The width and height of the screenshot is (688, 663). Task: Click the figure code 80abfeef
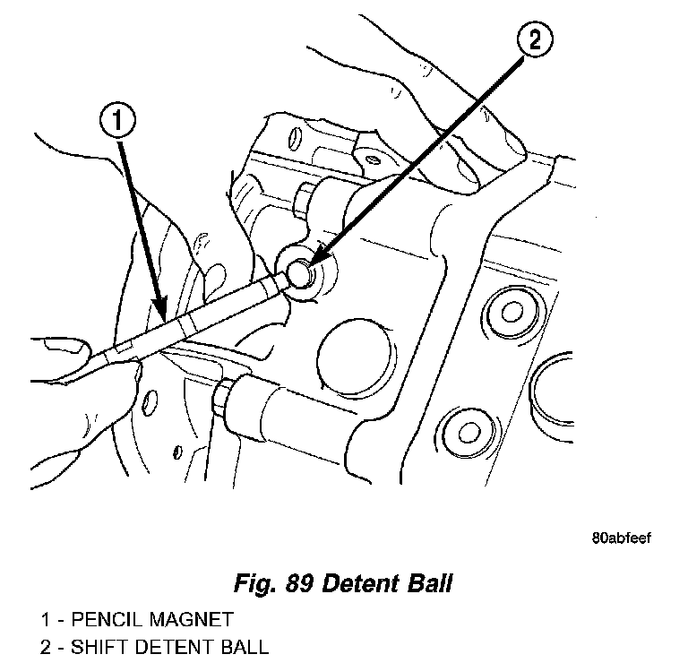[621, 538]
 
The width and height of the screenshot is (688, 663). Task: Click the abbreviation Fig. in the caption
[249, 586]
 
